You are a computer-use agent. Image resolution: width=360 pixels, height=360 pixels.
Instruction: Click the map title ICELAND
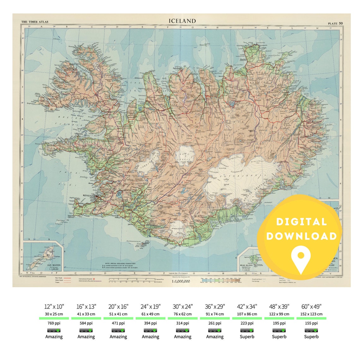coord(182,21)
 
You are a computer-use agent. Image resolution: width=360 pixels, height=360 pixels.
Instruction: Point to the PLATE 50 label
coord(335,23)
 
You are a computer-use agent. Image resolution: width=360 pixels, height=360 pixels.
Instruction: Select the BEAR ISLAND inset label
coord(246,265)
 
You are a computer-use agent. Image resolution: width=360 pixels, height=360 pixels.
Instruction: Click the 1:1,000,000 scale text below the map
coord(181,281)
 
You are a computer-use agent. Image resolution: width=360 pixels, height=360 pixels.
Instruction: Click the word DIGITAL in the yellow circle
coord(301,222)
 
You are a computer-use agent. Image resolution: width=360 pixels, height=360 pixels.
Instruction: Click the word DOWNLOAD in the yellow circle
coord(301,236)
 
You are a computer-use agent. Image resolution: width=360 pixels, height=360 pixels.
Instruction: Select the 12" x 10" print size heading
coord(54,307)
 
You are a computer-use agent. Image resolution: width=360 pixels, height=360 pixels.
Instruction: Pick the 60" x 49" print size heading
coord(311,307)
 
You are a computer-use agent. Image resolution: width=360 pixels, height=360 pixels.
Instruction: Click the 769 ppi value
coord(54,323)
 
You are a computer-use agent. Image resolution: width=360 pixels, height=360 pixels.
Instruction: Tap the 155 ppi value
coord(311,323)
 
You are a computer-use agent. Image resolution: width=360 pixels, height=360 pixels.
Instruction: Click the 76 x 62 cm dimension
coord(183,314)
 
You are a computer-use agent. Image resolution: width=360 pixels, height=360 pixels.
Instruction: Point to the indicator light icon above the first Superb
coord(247,330)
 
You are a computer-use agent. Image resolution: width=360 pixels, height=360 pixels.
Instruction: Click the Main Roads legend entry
coord(60,278)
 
